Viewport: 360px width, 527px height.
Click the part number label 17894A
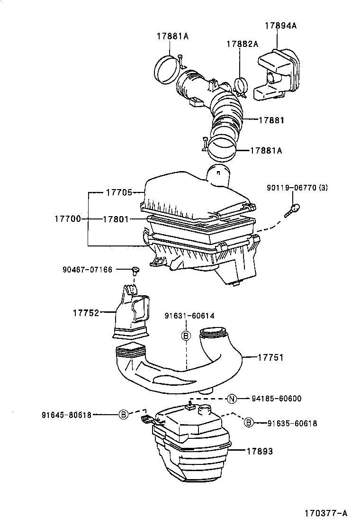[x=280, y=26]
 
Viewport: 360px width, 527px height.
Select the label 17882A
[x=242, y=44]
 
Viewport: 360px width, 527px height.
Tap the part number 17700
[x=67, y=219]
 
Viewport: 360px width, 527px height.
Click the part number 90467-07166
[x=87, y=270]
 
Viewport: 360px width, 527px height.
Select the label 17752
[x=86, y=313]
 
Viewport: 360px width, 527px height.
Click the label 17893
[x=260, y=451]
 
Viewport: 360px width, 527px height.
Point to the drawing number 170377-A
[x=326, y=513]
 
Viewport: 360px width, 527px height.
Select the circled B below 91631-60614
[x=186, y=336]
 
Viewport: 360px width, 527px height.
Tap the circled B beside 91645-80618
[x=123, y=414]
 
